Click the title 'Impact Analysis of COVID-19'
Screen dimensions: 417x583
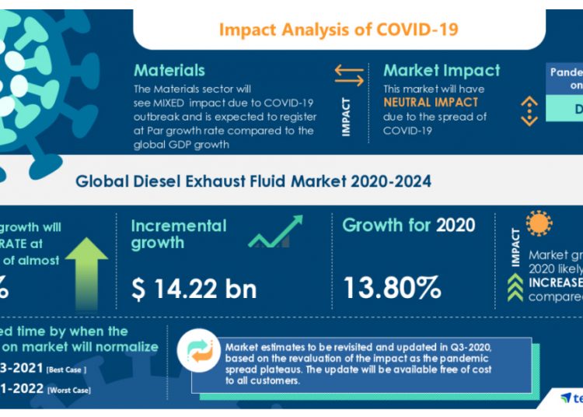(337, 30)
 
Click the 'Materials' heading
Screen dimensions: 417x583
(169, 71)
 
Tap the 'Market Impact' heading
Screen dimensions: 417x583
(442, 71)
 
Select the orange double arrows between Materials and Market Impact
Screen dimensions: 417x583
(349, 75)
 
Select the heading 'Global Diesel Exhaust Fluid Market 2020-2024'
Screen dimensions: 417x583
(253, 181)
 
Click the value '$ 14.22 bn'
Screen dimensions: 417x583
(194, 289)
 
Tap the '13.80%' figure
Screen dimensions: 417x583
(392, 289)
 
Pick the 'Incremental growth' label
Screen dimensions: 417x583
(179, 234)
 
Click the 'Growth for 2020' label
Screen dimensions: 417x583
(408, 226)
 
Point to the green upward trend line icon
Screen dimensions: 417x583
(275, 232)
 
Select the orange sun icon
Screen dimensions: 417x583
(538, 223)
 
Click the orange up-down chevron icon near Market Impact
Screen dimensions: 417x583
(529, 111)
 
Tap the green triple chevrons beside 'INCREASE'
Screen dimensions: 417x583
(514, 288)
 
